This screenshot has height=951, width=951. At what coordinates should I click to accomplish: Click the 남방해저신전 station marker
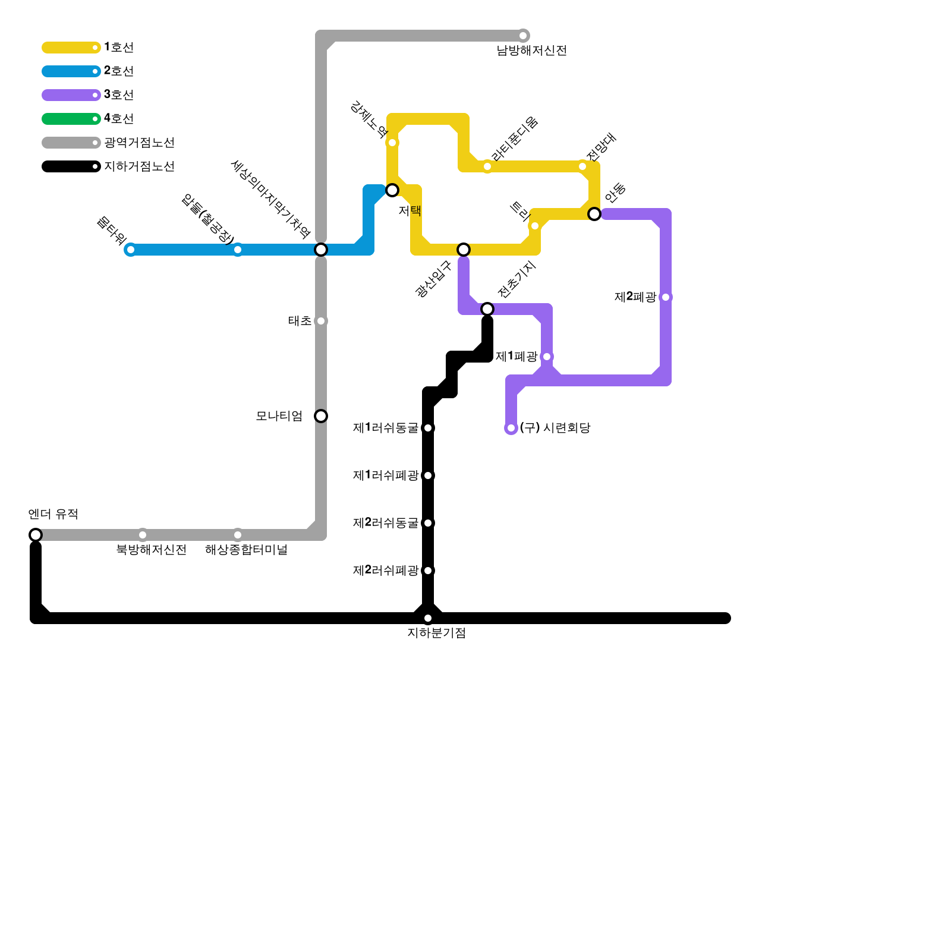523,36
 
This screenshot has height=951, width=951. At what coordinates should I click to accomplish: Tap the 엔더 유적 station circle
36,535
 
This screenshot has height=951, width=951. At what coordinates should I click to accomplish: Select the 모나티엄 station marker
321,416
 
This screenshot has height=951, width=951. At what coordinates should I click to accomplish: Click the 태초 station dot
321,321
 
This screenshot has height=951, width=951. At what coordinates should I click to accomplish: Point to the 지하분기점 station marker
428,618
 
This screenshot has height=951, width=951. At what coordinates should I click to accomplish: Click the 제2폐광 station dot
666,297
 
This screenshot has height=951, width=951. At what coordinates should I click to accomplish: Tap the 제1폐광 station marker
547,357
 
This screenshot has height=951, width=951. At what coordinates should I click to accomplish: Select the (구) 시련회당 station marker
511,428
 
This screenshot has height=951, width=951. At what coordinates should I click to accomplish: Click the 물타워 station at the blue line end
131,250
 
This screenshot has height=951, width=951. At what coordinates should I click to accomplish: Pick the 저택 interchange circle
392,190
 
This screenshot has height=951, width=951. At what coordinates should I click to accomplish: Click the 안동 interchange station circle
594,214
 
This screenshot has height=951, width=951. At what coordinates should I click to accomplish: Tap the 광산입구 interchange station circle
464,250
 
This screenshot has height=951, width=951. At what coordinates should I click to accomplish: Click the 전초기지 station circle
487,309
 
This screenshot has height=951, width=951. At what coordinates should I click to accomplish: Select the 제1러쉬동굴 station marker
428,428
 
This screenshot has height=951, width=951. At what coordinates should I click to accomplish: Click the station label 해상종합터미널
246,550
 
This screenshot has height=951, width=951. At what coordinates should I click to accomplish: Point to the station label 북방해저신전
151,550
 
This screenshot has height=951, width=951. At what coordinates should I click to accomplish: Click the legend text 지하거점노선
139,166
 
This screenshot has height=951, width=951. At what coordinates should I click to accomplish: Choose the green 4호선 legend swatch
70,119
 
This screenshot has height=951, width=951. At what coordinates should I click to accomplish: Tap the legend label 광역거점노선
139,143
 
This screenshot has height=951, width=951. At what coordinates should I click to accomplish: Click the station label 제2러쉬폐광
386,571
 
